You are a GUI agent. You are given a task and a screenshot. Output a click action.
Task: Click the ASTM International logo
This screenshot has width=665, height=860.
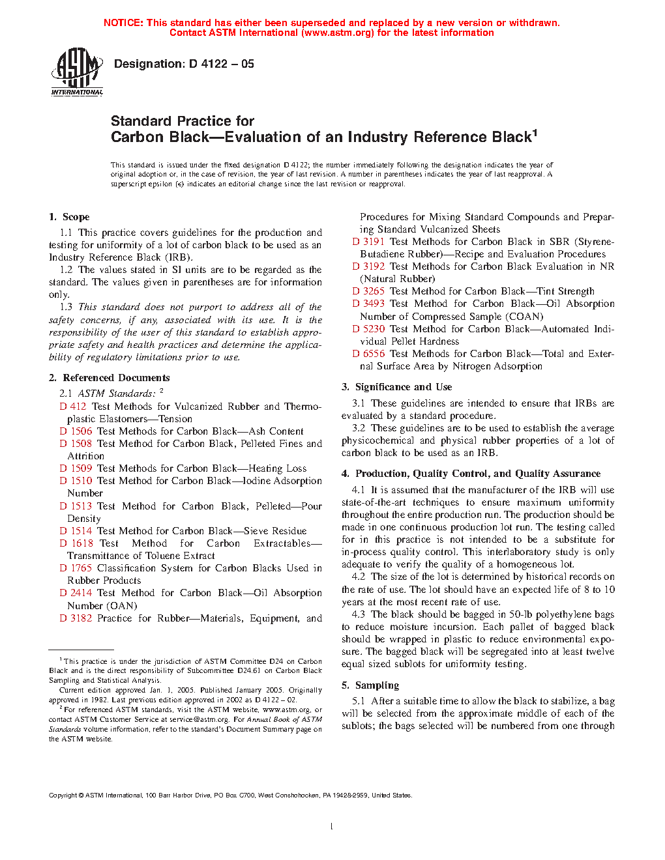coord(77,72)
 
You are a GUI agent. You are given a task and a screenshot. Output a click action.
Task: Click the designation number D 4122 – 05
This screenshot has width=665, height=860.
coord(222,64)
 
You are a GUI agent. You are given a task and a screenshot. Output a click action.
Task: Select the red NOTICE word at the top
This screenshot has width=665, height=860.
coord(123,23)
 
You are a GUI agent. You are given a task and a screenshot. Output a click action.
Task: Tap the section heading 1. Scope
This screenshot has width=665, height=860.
coord(69,217)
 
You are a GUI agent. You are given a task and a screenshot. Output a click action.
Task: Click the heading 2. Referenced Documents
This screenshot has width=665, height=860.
coord(109,378)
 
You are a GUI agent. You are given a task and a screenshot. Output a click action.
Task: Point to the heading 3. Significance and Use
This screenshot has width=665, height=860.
coord(396,387)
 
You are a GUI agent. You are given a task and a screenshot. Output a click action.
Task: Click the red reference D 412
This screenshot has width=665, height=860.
coord(73,407)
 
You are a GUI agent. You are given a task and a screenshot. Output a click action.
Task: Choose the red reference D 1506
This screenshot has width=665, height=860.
coord(76,431)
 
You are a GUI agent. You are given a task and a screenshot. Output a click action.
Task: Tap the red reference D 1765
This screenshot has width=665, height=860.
coord(76,568)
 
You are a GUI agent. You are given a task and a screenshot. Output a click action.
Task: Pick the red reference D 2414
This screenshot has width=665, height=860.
coord(76,593)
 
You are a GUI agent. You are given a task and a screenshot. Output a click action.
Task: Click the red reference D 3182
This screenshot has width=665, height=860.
coord(76,618)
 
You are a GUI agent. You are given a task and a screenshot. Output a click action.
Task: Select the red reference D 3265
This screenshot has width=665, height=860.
coord(368,291)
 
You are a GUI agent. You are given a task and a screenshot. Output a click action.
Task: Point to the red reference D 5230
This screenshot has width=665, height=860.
coord(368,329)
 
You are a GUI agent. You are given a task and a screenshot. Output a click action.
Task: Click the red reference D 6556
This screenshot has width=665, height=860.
coord(368,354)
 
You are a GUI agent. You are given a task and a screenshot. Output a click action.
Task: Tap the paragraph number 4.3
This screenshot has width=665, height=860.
coord(358,614)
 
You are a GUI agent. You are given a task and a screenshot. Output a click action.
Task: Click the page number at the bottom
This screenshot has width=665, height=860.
coord(332,827)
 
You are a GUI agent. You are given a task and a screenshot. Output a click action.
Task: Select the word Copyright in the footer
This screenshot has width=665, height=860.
coord(63,795)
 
